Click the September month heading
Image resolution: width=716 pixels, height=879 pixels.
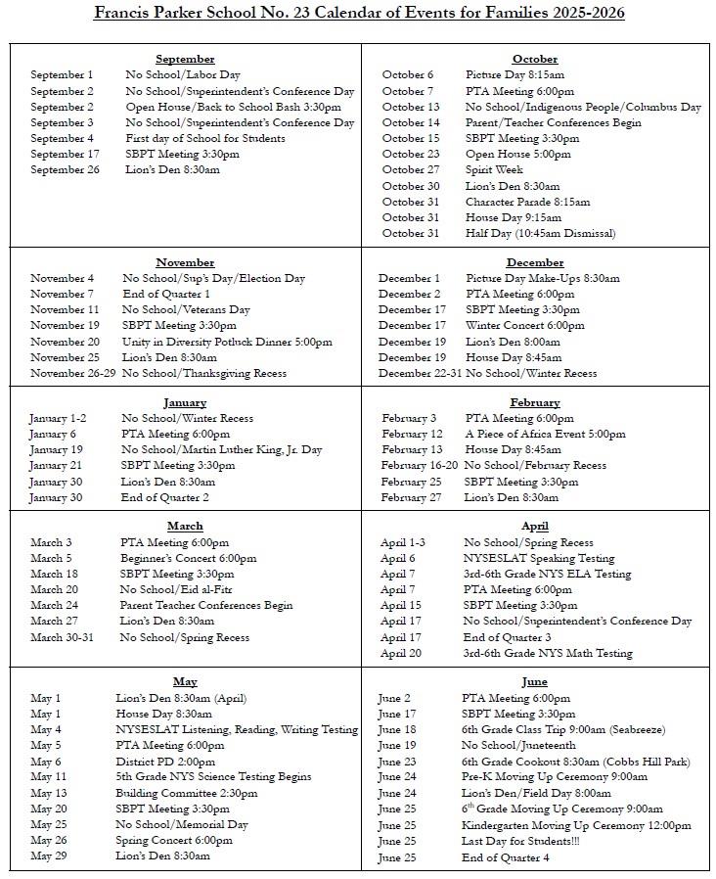(185, 59)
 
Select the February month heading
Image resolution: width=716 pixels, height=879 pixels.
(534, 402)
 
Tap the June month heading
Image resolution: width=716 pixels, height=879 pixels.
(534, 681)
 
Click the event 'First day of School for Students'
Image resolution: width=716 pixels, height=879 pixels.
(204, 138)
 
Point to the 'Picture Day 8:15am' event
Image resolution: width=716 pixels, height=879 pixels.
(515, 74)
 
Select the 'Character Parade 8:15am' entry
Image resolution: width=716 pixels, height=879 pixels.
(527, 202)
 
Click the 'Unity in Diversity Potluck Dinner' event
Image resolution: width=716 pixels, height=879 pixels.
(227, 342)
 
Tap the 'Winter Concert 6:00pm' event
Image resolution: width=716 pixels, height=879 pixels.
(524, 325)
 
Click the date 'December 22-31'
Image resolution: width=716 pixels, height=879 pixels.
(420, 373)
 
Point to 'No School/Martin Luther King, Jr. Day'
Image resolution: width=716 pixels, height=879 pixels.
(221, 450)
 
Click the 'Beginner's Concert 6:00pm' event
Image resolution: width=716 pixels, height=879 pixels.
(188, 558)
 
